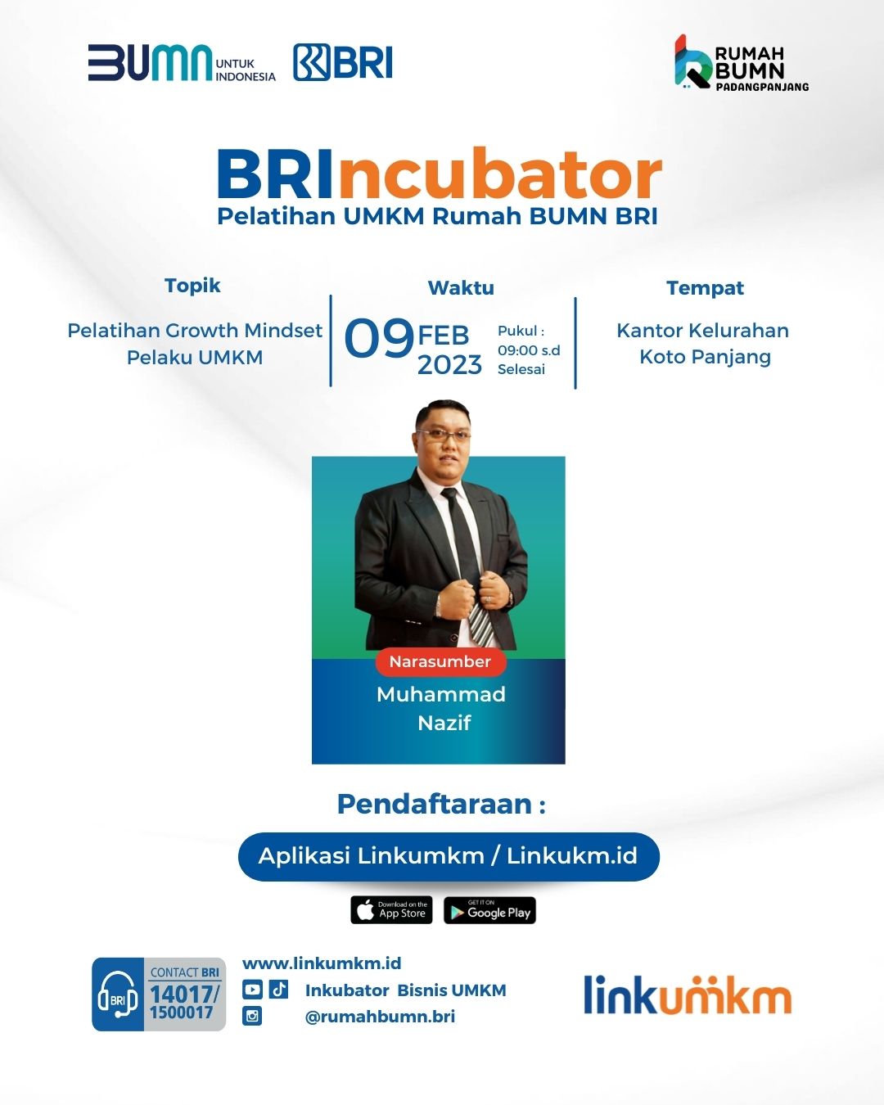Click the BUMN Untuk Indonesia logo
click(182, 63)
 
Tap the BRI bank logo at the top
click(343, 63)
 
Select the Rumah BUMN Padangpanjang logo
click(742, 63)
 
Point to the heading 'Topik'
click(192, 286)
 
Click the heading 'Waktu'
click(461, 288)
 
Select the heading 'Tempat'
click(705, 288)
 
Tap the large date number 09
click(379, 338)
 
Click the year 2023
click(449, 365)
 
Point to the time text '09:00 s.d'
click(529, 350)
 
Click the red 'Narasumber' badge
click(440, 661)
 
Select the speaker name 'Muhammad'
click(441, 694)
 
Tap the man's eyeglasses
click(444, 435)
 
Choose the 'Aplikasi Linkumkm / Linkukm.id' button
click(449, 856)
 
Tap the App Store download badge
click(391, 910)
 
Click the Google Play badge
click(489, 910)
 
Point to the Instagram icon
click(251, 1016)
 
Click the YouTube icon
click(252, 990)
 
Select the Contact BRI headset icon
click(118, 994)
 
